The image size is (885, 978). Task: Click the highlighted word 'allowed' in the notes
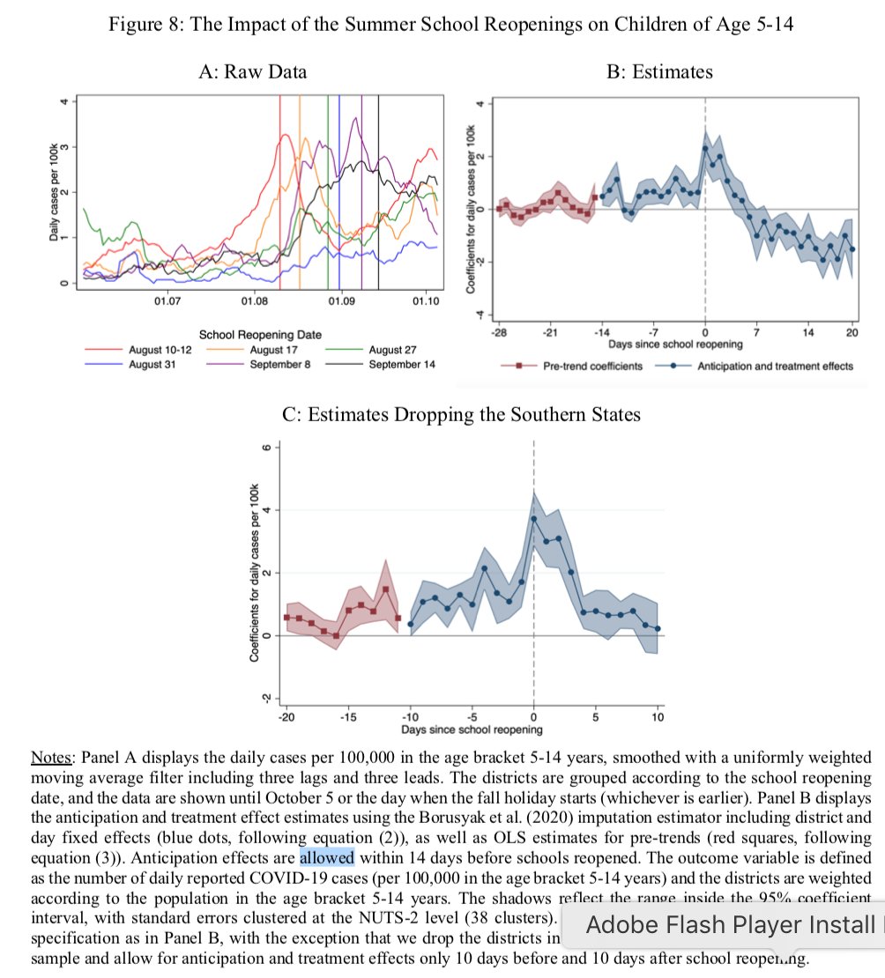326,856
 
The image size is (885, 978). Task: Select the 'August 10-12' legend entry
160,350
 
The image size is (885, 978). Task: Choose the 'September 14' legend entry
402,363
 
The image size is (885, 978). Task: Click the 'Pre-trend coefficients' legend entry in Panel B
592,365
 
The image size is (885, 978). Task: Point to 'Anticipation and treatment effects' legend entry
775,365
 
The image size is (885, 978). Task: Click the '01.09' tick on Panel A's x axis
341,302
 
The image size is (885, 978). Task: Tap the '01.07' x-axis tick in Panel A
167,302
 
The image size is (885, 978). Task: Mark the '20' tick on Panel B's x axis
852,331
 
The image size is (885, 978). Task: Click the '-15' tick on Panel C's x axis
348,717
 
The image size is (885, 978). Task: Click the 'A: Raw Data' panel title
253,71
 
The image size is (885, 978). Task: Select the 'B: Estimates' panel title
659,71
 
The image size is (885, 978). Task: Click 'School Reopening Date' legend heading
260,335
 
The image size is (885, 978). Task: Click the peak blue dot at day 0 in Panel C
534,518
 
